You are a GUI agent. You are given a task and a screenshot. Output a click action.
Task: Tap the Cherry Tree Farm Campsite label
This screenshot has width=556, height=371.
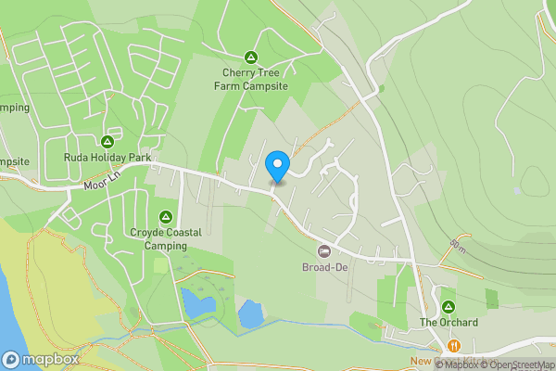point(250,79)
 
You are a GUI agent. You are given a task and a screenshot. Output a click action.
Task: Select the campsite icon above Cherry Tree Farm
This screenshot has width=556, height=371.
point(250,56)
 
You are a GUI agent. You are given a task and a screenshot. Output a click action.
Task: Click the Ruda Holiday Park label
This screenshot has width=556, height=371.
point(107,158)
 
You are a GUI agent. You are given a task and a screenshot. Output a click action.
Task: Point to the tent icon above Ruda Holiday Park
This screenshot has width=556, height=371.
point(107,142)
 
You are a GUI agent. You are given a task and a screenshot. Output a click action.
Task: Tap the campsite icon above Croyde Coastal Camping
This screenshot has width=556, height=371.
point(166,216)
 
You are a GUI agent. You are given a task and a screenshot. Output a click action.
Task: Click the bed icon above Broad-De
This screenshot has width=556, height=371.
point(324,251)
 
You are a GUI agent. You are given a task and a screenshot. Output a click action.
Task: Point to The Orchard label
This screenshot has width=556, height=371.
point(449,323)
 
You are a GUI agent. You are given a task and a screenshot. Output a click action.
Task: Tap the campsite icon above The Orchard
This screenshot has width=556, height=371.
point(449,306)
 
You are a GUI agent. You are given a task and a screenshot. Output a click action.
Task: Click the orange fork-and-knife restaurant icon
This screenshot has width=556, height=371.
point(453,346)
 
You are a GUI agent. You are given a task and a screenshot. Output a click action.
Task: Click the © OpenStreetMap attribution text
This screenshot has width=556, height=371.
point(516,365)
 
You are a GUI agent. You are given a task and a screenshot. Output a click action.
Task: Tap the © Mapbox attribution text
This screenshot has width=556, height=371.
point(449,365)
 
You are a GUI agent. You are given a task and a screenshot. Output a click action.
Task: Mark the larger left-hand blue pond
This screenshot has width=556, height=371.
point(197,301)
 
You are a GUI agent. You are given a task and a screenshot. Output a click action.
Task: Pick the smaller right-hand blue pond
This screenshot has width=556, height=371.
point(251,313)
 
